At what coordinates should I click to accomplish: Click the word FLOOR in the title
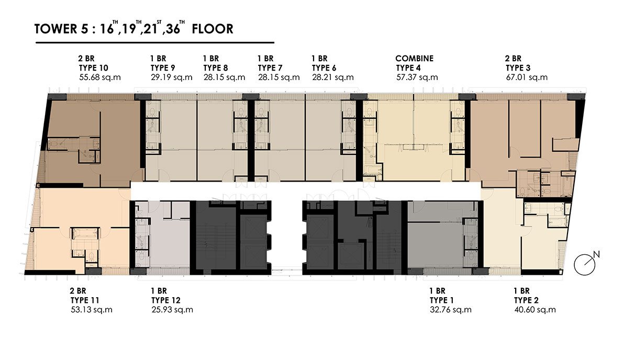213,29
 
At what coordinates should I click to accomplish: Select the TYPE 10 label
94,68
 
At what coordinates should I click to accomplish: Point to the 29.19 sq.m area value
172,77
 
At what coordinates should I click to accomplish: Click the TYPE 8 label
216,68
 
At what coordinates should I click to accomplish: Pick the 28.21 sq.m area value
333,77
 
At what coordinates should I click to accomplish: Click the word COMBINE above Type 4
414,59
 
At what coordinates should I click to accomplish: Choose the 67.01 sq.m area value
527,77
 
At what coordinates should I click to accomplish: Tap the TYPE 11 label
85,300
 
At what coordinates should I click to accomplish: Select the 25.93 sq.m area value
172,310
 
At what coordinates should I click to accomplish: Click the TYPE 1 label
441,300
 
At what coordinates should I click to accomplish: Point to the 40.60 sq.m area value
535,310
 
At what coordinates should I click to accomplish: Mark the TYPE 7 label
270,68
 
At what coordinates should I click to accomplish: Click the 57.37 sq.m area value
417,77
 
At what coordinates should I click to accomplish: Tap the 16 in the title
107,29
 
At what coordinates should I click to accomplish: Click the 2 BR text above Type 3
513,59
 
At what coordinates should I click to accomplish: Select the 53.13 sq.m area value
92,310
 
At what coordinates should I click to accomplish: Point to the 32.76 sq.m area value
451,310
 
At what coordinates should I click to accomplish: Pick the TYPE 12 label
166,300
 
